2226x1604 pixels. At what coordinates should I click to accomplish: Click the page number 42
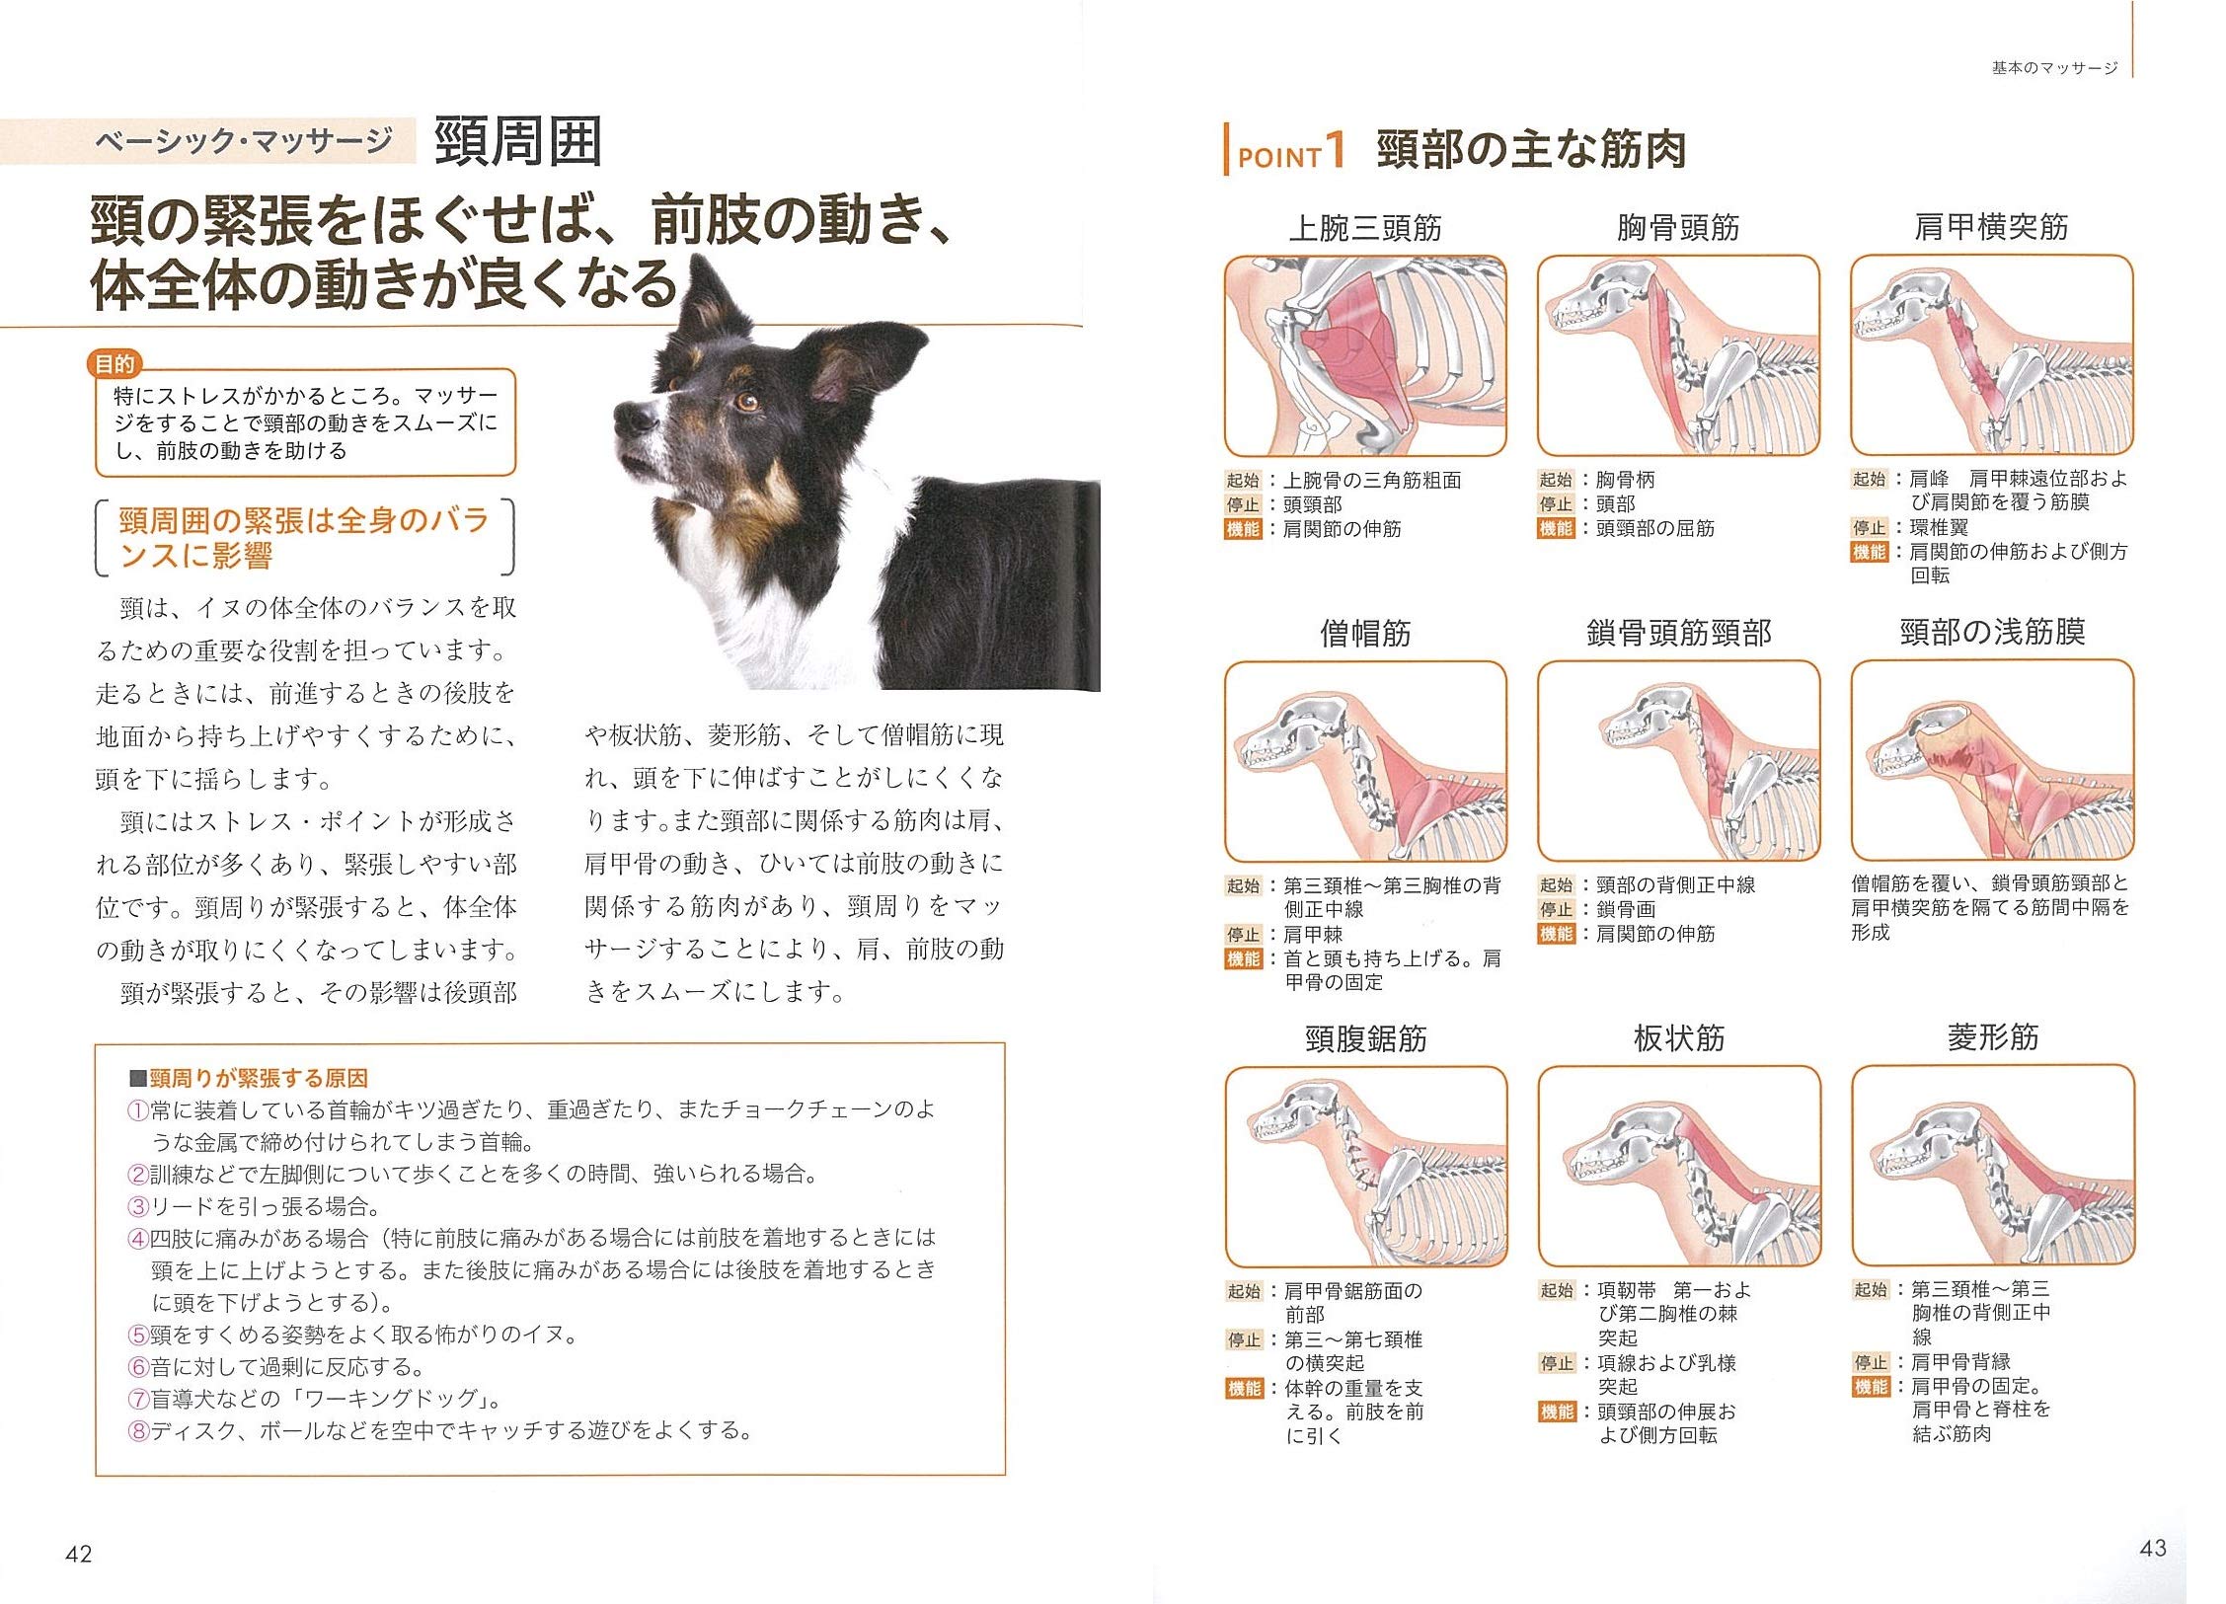[78, 1554]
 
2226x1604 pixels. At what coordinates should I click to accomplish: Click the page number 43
[2152, 1548]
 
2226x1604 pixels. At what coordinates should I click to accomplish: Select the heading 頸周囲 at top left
[518, 142]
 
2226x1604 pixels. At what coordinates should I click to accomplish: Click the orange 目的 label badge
[115, 364]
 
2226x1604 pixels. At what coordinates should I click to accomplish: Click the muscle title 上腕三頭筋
[1365, 228]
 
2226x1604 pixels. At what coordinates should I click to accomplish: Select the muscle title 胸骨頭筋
[1677, 228]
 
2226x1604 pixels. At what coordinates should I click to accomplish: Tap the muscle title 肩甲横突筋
[1990, 227]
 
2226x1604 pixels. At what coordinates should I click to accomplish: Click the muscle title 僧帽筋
[1365, 633]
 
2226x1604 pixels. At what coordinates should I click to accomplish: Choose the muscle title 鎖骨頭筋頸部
[1678, 633]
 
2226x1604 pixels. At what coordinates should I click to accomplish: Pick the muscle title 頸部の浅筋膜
[1991, 632]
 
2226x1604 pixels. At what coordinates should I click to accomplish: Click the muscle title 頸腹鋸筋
[1365, 1038]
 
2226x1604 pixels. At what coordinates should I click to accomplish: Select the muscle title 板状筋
[1678, 1038]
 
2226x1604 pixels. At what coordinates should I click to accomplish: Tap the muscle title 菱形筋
[1992, 1037]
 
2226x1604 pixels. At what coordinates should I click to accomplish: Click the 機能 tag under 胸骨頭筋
[1556, 529]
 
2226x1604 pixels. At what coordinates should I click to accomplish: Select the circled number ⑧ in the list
[138, 1430]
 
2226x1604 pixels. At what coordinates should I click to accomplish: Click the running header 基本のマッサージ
[2054, 68]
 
